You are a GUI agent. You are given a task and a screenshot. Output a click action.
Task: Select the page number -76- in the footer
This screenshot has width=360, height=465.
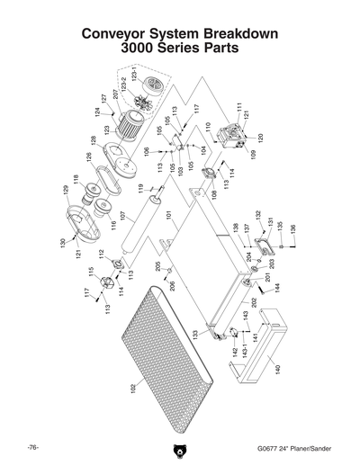(31, 447)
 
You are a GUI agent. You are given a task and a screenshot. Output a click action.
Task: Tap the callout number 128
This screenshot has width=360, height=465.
(92, 141)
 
